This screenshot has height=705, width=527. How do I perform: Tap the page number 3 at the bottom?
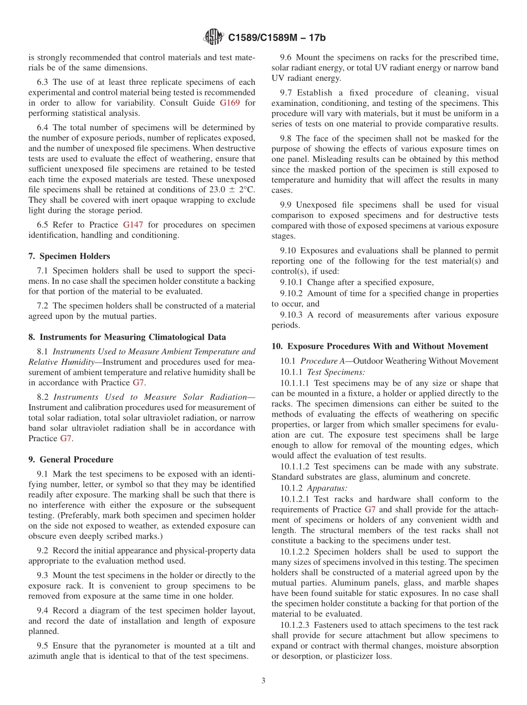pos(263,681)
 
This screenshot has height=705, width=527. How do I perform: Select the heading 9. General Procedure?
pos(70,459)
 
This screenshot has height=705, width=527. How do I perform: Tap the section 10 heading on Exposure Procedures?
pos(379,346)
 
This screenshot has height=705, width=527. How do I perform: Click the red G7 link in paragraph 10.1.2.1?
pos(370,509)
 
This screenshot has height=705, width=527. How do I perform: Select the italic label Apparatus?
pos(327,488)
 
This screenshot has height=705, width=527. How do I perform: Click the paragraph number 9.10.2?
pos(292,293)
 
